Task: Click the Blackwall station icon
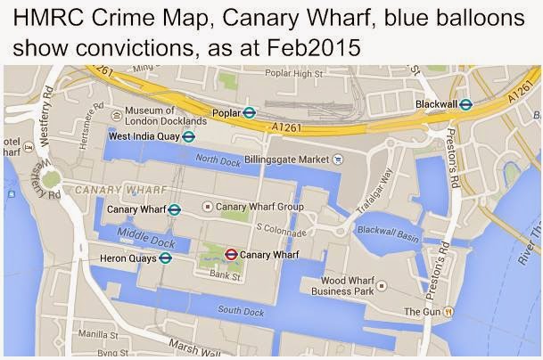click(465, 104)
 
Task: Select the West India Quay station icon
click(189, 136)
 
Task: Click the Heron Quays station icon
click(166, 258)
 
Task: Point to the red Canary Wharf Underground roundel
click(231, 254)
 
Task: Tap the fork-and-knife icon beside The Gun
click(450, 312)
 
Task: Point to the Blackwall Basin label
click(387, 229)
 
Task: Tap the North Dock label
click(218, 159)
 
